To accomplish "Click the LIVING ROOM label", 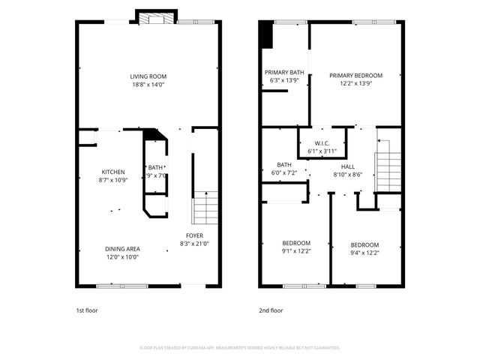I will coord(148,76).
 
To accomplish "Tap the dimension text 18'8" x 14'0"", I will coord(148,85).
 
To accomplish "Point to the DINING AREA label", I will coord(121,249).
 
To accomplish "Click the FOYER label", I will coord(193,235).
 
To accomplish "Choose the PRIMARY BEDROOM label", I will coord(356,76).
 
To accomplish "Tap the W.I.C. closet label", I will coord(322,143).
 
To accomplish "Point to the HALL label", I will coord(348,166).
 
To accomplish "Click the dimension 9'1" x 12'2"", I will coord(295,252).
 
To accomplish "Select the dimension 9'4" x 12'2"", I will coord(365,253).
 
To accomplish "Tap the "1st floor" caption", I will coord(87,310).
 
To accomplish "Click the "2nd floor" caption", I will coord(271,310).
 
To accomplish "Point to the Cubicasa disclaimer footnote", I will coord(240,348).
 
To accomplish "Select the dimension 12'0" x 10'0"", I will coord(121,257).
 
